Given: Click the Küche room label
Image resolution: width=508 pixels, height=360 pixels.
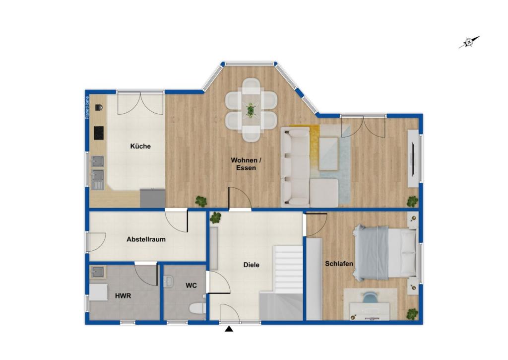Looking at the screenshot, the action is [x=140, y=146].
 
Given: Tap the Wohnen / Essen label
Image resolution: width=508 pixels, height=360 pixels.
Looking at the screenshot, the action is [x=246, y=164].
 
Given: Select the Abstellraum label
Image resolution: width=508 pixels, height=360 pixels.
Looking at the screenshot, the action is [x=146, y=239].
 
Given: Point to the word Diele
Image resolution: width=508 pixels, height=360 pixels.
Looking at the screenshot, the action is [x=252, y=265].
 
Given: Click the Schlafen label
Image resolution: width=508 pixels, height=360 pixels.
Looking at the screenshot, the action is [x=339, y=263].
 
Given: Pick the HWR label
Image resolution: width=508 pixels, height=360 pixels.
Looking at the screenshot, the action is [x=123, y=296].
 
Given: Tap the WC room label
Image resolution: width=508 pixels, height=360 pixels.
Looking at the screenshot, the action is [x=191, y=286].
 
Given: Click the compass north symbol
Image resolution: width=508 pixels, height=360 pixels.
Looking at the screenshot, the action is [x=469, y=42].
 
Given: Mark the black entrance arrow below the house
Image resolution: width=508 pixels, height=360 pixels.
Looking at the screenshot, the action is [x=229, y=330].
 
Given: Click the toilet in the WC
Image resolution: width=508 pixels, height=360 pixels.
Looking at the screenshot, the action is [x=198, y=308].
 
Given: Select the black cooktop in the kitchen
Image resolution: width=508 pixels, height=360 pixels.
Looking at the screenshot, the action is [x=99, y=133].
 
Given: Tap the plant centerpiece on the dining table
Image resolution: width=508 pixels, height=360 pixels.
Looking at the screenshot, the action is [x=251, y=110].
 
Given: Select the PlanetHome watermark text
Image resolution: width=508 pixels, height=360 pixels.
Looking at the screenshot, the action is [x=87, y=108].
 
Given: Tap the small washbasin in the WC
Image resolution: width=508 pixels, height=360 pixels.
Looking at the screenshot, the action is [x=168, y=281].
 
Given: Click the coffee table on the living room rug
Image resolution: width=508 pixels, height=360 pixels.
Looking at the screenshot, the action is [x=329, y=154].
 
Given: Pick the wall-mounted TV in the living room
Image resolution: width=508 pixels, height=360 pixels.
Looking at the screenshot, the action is [x=413, y=158].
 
